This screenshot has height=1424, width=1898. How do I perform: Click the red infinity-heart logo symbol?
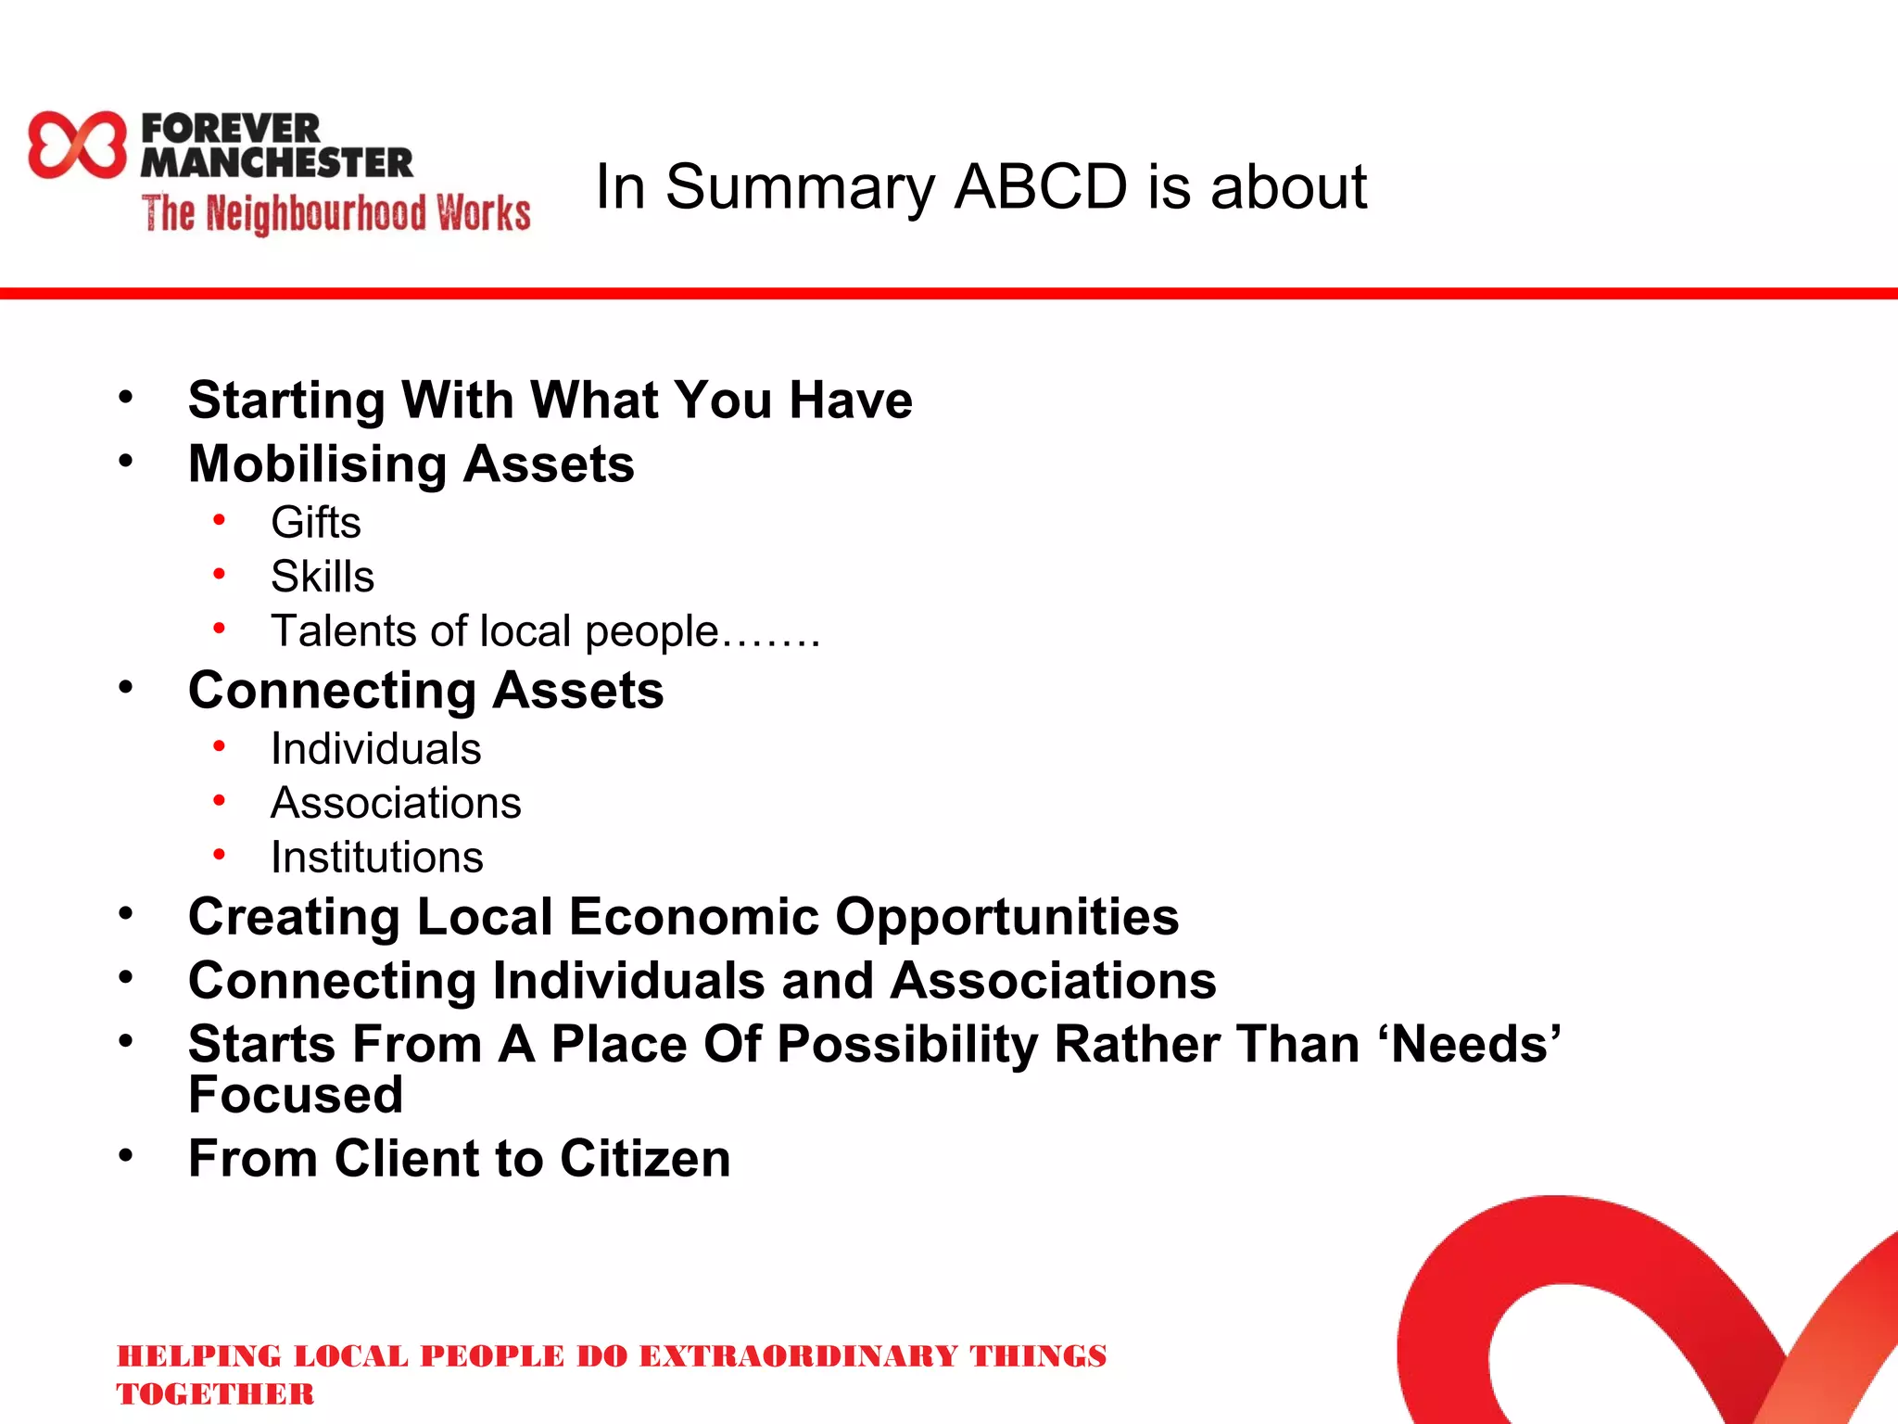[77, 145]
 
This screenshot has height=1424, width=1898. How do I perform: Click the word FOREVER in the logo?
[231, 128]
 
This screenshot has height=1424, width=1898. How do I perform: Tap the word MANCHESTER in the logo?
[276, 163]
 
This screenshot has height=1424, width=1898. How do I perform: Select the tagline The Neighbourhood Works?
[335, 213]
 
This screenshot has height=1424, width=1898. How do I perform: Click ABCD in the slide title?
[1041, 187]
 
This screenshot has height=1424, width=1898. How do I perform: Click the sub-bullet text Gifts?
[315, 522]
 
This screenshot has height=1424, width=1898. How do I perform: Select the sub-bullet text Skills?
[322, 577]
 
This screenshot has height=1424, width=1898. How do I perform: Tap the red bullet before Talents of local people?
[219, 629]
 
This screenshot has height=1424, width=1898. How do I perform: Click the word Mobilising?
[318, 464]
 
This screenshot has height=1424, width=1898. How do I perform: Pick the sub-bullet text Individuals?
[375, 748]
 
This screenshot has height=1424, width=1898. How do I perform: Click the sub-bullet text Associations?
[396, 803]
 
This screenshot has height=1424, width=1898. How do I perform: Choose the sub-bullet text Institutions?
[376, 857]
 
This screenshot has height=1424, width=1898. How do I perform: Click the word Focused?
[296, 1095]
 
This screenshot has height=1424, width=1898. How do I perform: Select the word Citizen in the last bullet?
[645, 1159]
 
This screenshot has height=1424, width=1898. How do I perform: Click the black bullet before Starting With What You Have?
[126, 398]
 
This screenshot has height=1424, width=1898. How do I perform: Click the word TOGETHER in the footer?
[215, 1393]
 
